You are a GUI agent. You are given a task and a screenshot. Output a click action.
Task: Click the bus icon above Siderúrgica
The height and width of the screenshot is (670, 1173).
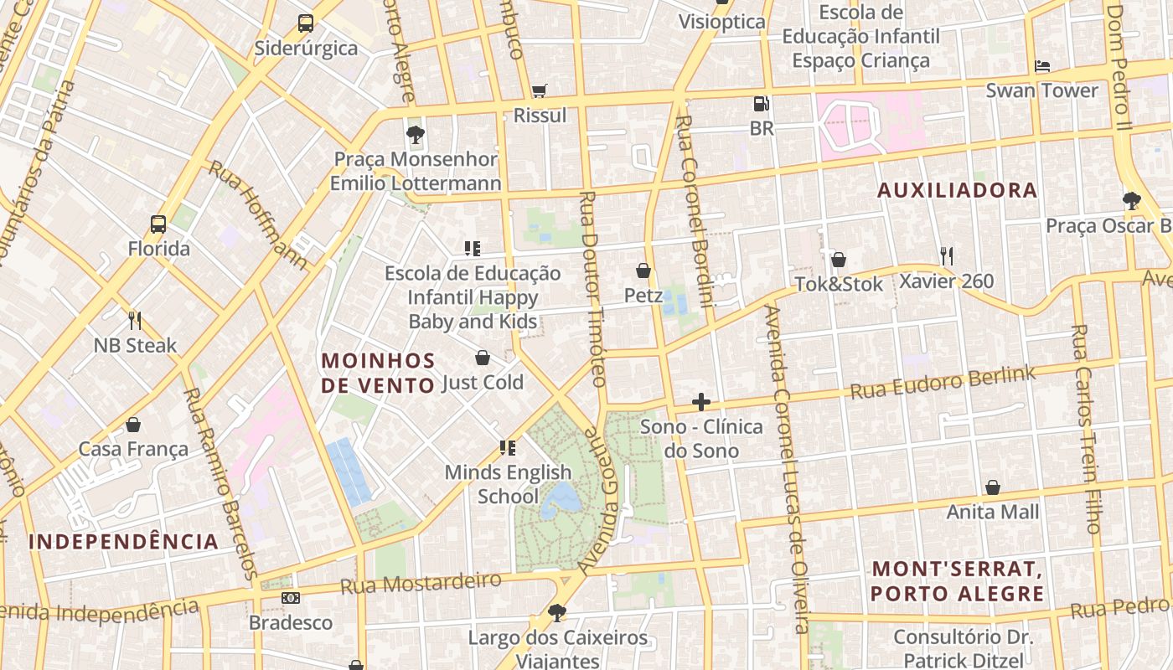click(306, 23)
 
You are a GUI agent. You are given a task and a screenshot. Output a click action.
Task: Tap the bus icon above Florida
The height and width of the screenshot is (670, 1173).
click(158, 224)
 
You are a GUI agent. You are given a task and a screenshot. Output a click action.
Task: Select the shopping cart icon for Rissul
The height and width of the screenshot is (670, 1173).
click(540, 90)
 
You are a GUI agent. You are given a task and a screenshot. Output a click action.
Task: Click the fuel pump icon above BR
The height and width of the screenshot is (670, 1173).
click(761, 104)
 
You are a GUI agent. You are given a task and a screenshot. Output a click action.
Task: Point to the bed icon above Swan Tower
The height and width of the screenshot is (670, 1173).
click(1042, 65)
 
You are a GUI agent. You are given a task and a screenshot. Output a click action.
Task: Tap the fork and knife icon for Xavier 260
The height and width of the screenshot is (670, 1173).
click(947, 255)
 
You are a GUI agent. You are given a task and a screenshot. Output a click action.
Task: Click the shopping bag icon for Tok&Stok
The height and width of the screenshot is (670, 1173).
click(838, 260)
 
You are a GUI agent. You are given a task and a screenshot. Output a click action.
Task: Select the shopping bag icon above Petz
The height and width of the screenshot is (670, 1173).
click(643, 271)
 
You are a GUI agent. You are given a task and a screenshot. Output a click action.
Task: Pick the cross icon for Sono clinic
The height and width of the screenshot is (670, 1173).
click(701, 402)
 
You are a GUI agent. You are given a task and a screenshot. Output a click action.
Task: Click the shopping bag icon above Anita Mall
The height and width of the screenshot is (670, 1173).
click(993, 487)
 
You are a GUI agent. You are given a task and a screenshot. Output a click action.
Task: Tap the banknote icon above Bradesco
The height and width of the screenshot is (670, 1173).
click(291, 598)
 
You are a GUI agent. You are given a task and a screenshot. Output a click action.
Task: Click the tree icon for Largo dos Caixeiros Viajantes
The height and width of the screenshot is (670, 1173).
click(556, 613)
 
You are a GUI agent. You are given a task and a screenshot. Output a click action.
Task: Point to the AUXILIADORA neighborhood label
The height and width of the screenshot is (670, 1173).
click(957, 191)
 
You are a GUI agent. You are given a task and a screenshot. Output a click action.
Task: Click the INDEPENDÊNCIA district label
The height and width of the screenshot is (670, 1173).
click(124, 542)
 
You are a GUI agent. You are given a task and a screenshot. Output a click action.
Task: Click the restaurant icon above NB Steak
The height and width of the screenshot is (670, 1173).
click(135, 320)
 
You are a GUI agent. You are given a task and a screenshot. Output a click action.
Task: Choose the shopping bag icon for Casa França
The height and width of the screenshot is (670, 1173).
click(133, 425)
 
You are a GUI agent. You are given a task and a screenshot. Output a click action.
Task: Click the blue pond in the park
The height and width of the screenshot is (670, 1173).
click(561, 499)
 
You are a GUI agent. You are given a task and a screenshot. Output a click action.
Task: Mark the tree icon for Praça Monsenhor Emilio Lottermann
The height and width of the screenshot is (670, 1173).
click(415, 134)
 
